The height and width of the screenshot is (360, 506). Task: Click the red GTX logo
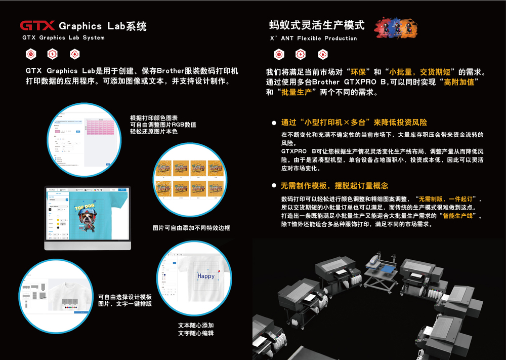tap(37, 26)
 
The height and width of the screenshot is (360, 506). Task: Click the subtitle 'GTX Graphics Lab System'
tap(64, 38)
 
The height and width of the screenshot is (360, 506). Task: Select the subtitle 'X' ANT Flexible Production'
tap(313, 38)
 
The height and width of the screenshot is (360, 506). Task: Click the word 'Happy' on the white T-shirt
tap(206, 276)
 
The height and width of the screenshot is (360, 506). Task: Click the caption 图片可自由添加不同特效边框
tap(191, 228)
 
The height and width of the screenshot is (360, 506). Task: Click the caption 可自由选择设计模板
tap(125, 297)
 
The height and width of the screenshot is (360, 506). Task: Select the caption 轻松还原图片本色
tap(154, 132)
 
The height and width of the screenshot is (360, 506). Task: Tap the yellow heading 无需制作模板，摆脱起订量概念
tap(334, 186)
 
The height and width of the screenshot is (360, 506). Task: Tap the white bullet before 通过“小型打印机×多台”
tap(274, 123)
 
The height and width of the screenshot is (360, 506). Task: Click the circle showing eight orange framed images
tap(188, 175)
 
